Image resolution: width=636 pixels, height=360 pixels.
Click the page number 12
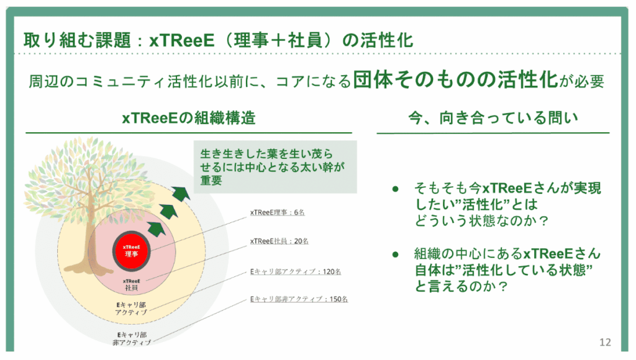[605, 342]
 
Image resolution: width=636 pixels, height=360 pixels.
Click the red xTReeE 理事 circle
[132, 251]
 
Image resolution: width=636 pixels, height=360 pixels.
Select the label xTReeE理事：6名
[277, 212]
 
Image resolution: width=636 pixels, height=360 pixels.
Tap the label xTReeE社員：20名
[279, 241]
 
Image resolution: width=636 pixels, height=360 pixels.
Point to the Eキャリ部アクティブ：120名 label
[295, 271]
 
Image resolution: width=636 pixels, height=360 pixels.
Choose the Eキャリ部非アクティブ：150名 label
[299, 299]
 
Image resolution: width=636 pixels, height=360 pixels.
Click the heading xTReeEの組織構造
[189, 118]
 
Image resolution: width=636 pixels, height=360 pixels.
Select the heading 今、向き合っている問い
[493, 118]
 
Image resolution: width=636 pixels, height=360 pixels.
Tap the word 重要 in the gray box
[211, 180]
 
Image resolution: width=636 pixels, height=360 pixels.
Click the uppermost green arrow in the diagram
[181, 193]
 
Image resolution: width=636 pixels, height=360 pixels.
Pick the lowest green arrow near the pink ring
[156, 228]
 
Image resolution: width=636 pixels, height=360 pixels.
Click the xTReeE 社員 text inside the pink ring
[132, 285]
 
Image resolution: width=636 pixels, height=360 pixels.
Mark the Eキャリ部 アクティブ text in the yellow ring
[131, 308]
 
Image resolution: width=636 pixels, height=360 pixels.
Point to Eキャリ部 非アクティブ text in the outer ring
[132, 338]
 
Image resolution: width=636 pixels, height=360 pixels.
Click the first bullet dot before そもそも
[396, 189]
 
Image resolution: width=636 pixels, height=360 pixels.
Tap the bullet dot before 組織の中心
[396, 254]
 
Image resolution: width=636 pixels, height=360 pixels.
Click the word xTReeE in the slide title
[182, 40]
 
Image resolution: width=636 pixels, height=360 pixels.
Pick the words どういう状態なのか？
[481, 221]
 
